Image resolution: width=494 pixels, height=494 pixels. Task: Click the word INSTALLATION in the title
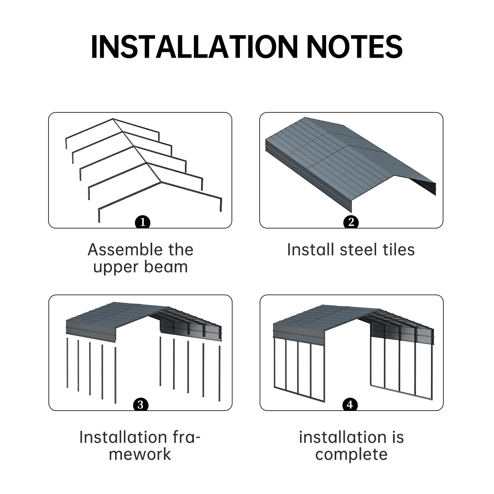[x=194, y=47]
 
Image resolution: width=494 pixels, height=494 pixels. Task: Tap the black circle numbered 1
[x=143, y=222]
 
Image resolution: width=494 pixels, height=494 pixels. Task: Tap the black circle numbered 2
[x=351, y=222]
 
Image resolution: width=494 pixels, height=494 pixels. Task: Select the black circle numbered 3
[x=140, y=404]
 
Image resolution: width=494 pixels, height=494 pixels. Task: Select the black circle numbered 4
[x=350, y=404]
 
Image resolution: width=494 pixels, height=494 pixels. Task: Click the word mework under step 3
[x=140, y=454]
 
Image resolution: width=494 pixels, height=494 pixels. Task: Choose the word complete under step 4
[x=351, y=454]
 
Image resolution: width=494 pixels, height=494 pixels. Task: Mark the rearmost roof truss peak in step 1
[x=113, y=119]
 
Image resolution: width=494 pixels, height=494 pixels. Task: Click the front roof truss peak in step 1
[x=161, y=182]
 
